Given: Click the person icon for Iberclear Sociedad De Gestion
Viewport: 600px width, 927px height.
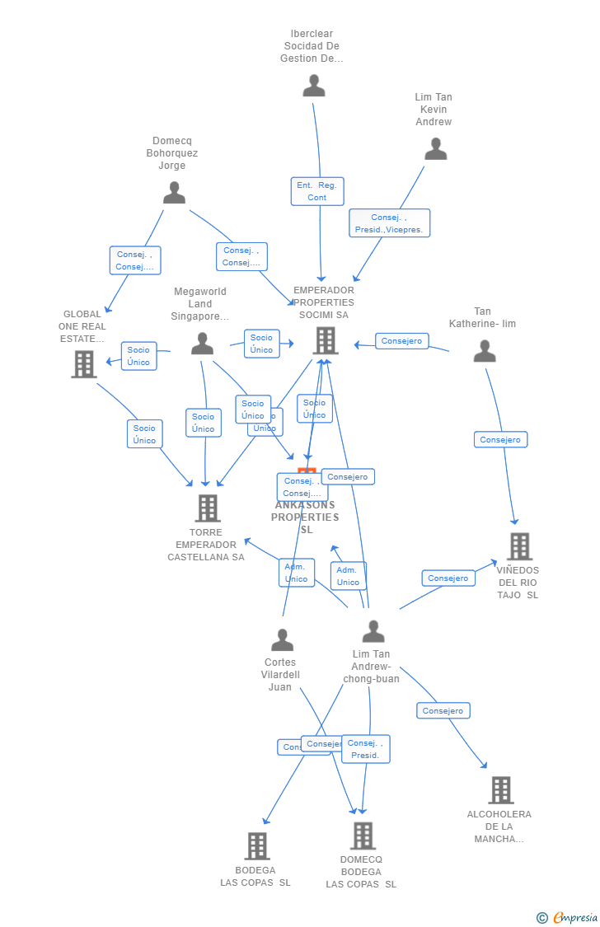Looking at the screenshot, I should pyautogui.click(x=314, y=86).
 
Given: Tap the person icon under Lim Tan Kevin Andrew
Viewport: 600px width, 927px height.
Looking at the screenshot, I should pyautogui.click(x=435, y=149).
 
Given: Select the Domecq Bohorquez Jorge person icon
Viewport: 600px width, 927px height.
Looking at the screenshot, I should pyautogui.click(x=174, y=193).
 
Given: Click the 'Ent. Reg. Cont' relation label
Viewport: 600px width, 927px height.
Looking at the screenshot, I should pyautogui.click(x=317, y=191).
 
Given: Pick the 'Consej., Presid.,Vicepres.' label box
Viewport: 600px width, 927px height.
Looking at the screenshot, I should pyautogui.click(x=389, y=223).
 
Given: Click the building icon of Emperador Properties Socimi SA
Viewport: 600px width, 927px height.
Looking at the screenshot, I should pyautogui.click(x=326, y=340).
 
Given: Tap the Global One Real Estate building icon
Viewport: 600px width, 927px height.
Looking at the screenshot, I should pyautogui.click(x=84, y=364).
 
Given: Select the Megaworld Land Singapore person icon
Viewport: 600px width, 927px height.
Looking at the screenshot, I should pyautogui.click(x=202, y=344).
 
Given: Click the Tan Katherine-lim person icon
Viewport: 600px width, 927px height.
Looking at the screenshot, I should pyautogui.click(x=485, y=352).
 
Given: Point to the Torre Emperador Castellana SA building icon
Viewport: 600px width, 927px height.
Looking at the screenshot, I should pyautogui.click(x=208, y=508).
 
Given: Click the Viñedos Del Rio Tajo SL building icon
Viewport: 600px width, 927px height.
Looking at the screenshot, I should pyautogui.click(x=519, y=546).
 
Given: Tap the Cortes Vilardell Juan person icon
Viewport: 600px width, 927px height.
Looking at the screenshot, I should pyautogui.click(x=282, y=640).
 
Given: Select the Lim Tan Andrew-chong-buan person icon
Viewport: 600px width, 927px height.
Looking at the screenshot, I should pyautogui.click(x=373, y=632).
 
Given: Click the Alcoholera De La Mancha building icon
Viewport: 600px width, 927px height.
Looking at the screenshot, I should pyautogui.click(x=500, y=790).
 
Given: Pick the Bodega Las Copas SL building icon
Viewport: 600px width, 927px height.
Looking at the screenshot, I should pyautogui.click(x=257, y=846).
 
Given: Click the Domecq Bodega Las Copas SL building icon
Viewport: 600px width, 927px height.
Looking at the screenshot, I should pyautogui.click(x=363, y=836).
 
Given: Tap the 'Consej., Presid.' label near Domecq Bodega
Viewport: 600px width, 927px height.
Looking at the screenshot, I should pyautogui.click(x=365, y=749).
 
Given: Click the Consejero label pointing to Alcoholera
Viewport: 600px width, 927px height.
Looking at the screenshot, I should pyautogui.click(x=443, y=710).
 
